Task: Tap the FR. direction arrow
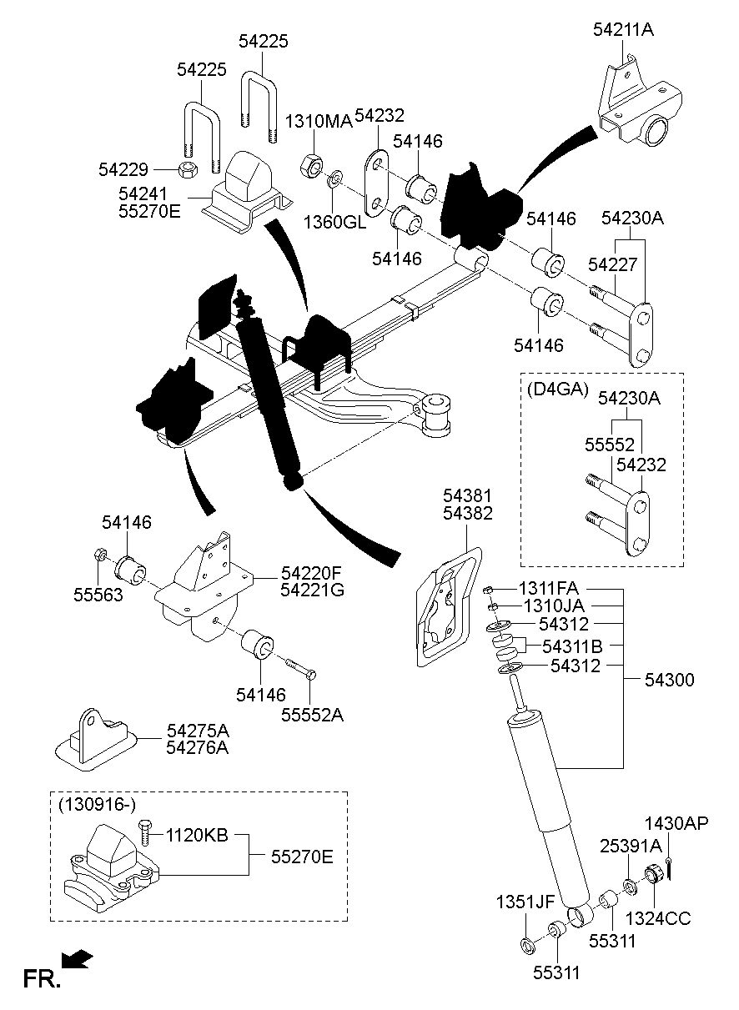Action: pyautogui.click(x=78, y=961)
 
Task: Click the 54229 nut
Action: pyautogui.click(x=190, y=169)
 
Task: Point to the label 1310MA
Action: pyautogui.click(x=319, y=122)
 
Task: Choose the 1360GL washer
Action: pyautogui.click(x=336, y=178)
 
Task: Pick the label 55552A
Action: pyautogui.click(x=311, y=716)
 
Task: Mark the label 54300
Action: pyautogui.click(x=669, y=681)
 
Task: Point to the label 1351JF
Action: pyautogui.click(x=525, y=901)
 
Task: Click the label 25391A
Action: pyautogui.click(x=631, y=846)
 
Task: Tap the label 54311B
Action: pyautogui.click(x=573, y=646)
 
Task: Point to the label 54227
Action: pyautogui.click(x=614, y=264)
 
